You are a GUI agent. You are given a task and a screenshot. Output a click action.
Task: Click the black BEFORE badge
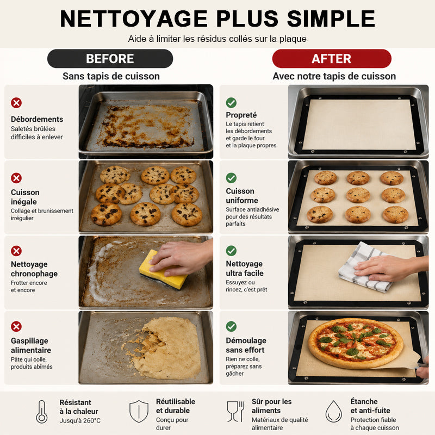110,59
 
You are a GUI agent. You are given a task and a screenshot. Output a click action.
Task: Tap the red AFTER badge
332,59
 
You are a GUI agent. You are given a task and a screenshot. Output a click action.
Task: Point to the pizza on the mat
356,343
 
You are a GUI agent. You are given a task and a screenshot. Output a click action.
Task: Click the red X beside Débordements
16,103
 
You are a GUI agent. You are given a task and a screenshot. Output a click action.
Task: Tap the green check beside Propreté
231,103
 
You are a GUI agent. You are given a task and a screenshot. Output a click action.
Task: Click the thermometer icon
42,412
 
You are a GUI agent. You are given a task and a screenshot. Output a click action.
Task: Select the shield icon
139,411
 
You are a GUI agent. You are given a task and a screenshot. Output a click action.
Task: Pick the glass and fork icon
235,412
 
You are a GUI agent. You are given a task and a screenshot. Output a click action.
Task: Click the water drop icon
334,412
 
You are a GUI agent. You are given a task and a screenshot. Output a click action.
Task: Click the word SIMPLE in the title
331,19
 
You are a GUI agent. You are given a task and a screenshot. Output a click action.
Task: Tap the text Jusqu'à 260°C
80,420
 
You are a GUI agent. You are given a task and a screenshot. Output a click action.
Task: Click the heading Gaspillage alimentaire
31,345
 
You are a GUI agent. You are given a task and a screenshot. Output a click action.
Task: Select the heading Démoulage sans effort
246,345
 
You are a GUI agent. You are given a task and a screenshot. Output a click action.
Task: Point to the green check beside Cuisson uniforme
231,178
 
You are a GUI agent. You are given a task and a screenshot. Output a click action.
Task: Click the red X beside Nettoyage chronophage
16,251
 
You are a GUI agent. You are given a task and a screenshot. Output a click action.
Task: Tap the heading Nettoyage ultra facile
244,268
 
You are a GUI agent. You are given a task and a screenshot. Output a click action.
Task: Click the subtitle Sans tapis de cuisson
111,76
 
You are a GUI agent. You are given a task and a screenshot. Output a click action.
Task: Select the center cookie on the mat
358,195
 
